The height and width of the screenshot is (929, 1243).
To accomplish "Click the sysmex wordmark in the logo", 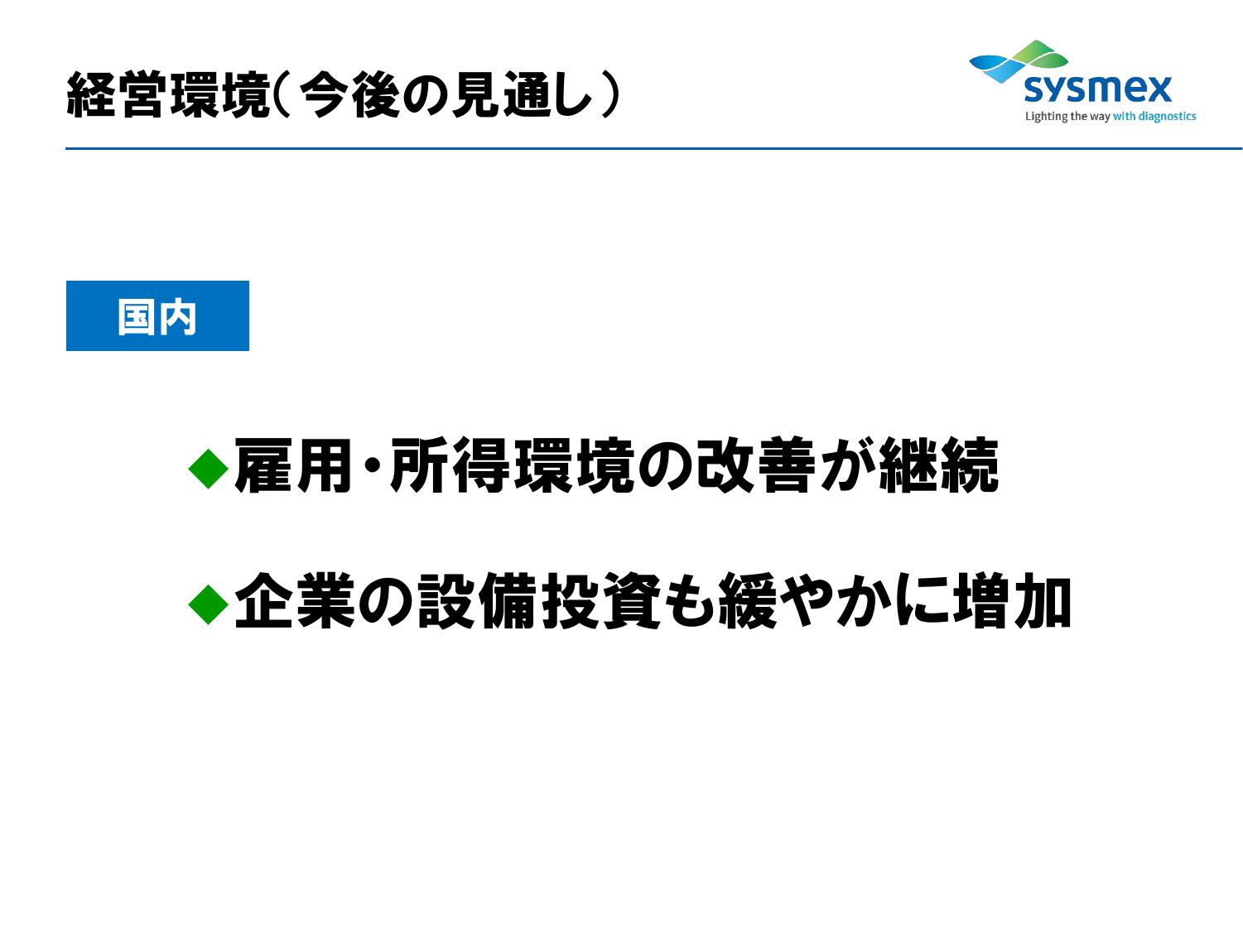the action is click(x=1097, y=89).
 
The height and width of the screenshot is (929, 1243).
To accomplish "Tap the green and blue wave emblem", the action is click(x=1018, y=61).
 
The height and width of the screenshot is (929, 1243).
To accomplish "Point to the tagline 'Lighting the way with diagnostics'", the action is click(x=1110, y=116).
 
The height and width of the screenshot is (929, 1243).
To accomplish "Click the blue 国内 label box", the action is click(x=157, y=315).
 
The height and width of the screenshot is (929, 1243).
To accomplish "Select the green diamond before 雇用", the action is click(x=209, y=468).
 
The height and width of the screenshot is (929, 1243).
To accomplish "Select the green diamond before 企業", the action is click(x=209, y=604).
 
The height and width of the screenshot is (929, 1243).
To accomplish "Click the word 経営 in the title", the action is click(x=116, y=94).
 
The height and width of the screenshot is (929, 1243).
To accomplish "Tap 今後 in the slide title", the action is click(x=349, y=94).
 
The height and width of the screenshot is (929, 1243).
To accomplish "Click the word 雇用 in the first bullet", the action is click(x=292, y=464).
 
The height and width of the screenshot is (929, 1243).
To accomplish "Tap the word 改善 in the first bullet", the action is click(x=755, y=464).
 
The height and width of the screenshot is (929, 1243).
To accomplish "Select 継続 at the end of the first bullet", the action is click(x=937, y=464).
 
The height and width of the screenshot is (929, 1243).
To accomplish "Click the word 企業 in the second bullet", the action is click(x=295, y=600).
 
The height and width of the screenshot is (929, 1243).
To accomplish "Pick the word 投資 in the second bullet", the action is click(x=601, y=600).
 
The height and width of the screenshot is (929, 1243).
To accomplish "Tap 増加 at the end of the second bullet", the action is click(x=1011, y=600).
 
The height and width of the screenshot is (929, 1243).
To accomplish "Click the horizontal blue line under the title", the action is click(x=653, y=148).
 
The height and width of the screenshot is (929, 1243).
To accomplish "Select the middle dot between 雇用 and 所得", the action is click(x=371, y=465).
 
